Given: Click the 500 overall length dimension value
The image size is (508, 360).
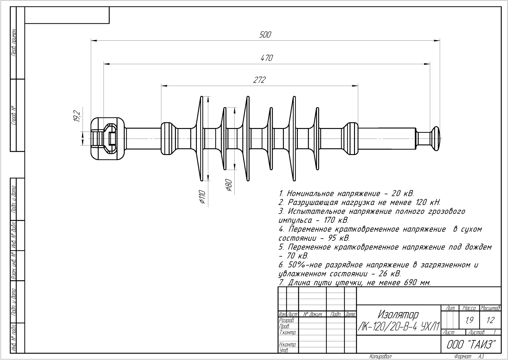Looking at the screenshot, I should [x=265, y=35].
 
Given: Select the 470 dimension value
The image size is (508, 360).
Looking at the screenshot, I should [x=267, y=58].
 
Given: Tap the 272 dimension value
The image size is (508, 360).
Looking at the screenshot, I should [x=259, y=80].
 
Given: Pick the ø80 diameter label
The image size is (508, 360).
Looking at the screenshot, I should [x=229, y=185].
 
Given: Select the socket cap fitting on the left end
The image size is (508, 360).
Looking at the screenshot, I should [x=107, y=139].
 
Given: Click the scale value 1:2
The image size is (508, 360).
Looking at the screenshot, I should [x=490, y=321].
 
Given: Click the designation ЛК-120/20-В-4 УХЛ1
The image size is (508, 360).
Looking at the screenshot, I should [x=398, y=326].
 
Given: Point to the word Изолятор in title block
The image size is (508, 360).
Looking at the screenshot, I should [x=398, y=315].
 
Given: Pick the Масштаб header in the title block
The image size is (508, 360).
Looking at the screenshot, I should [x=490, y=308].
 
